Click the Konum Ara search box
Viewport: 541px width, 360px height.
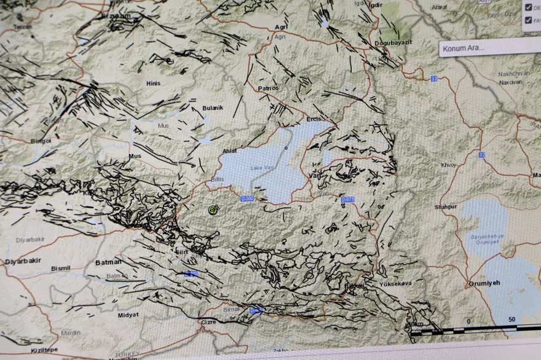pyautogui.click(x=489, y=47)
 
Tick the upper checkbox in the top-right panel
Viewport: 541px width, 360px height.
pyautogui.click(x=528, y=7)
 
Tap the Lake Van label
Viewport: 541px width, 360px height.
pyautogui.click(x=261, y=168)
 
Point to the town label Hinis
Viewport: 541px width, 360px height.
pyautogui.click(x=153, y=83)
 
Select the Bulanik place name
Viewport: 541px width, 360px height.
pyautogui.click(x=213, y=108)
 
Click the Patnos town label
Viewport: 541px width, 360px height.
pyautogui.click(x=268, y=88)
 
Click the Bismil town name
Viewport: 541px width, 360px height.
pyautogui.click(x=61, y=268)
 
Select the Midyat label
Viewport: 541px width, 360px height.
pyautogui.click(x=128, y=315)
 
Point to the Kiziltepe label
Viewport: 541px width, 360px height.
pyautogui.click(x=44, y=350)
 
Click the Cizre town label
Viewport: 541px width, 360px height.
pyautogui.click(x=209, y=321)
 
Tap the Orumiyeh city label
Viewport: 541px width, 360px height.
pyautogui.click(x=485, y=283)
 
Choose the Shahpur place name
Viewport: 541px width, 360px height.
pyautogui.click(x=446, y=207)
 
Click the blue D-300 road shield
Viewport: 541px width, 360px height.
pyautogui.click(x=247, y=198)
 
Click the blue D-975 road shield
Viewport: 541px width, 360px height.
pyautogui.click(x=347, y=199)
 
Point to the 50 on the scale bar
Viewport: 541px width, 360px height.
pyautogui.click(x=511, y=320)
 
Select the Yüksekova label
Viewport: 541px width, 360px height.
pyautogui.click(x=395, y=284)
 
